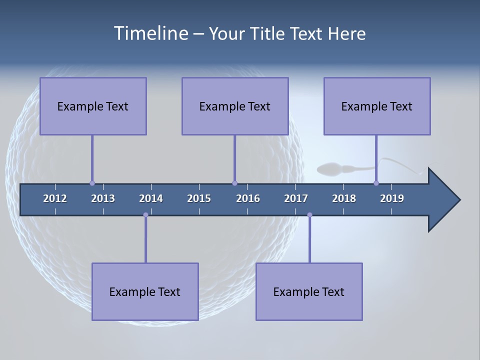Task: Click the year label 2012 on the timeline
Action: coord(55,198)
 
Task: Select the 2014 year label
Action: coord(151,198)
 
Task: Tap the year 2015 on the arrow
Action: coord(199,198)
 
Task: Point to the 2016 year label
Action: coord(248,198)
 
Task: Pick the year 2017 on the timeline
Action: coord(296,198)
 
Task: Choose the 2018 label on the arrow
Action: coord(344,198)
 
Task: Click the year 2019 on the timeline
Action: coord(392,198)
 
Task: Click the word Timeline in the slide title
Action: coord(149,33)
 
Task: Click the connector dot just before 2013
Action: coord(92,183)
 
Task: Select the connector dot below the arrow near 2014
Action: coord(145,215)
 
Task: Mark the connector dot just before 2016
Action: coord(234,183)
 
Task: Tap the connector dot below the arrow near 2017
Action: coord(309,215)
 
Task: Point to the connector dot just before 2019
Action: coord(376,183)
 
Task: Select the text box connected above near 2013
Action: coord(93,106)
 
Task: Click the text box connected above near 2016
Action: coord(235,106)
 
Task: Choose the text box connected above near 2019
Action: coord(377,106)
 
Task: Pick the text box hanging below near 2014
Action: coord(145,291)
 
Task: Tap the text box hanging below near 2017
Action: coord(309,291)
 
